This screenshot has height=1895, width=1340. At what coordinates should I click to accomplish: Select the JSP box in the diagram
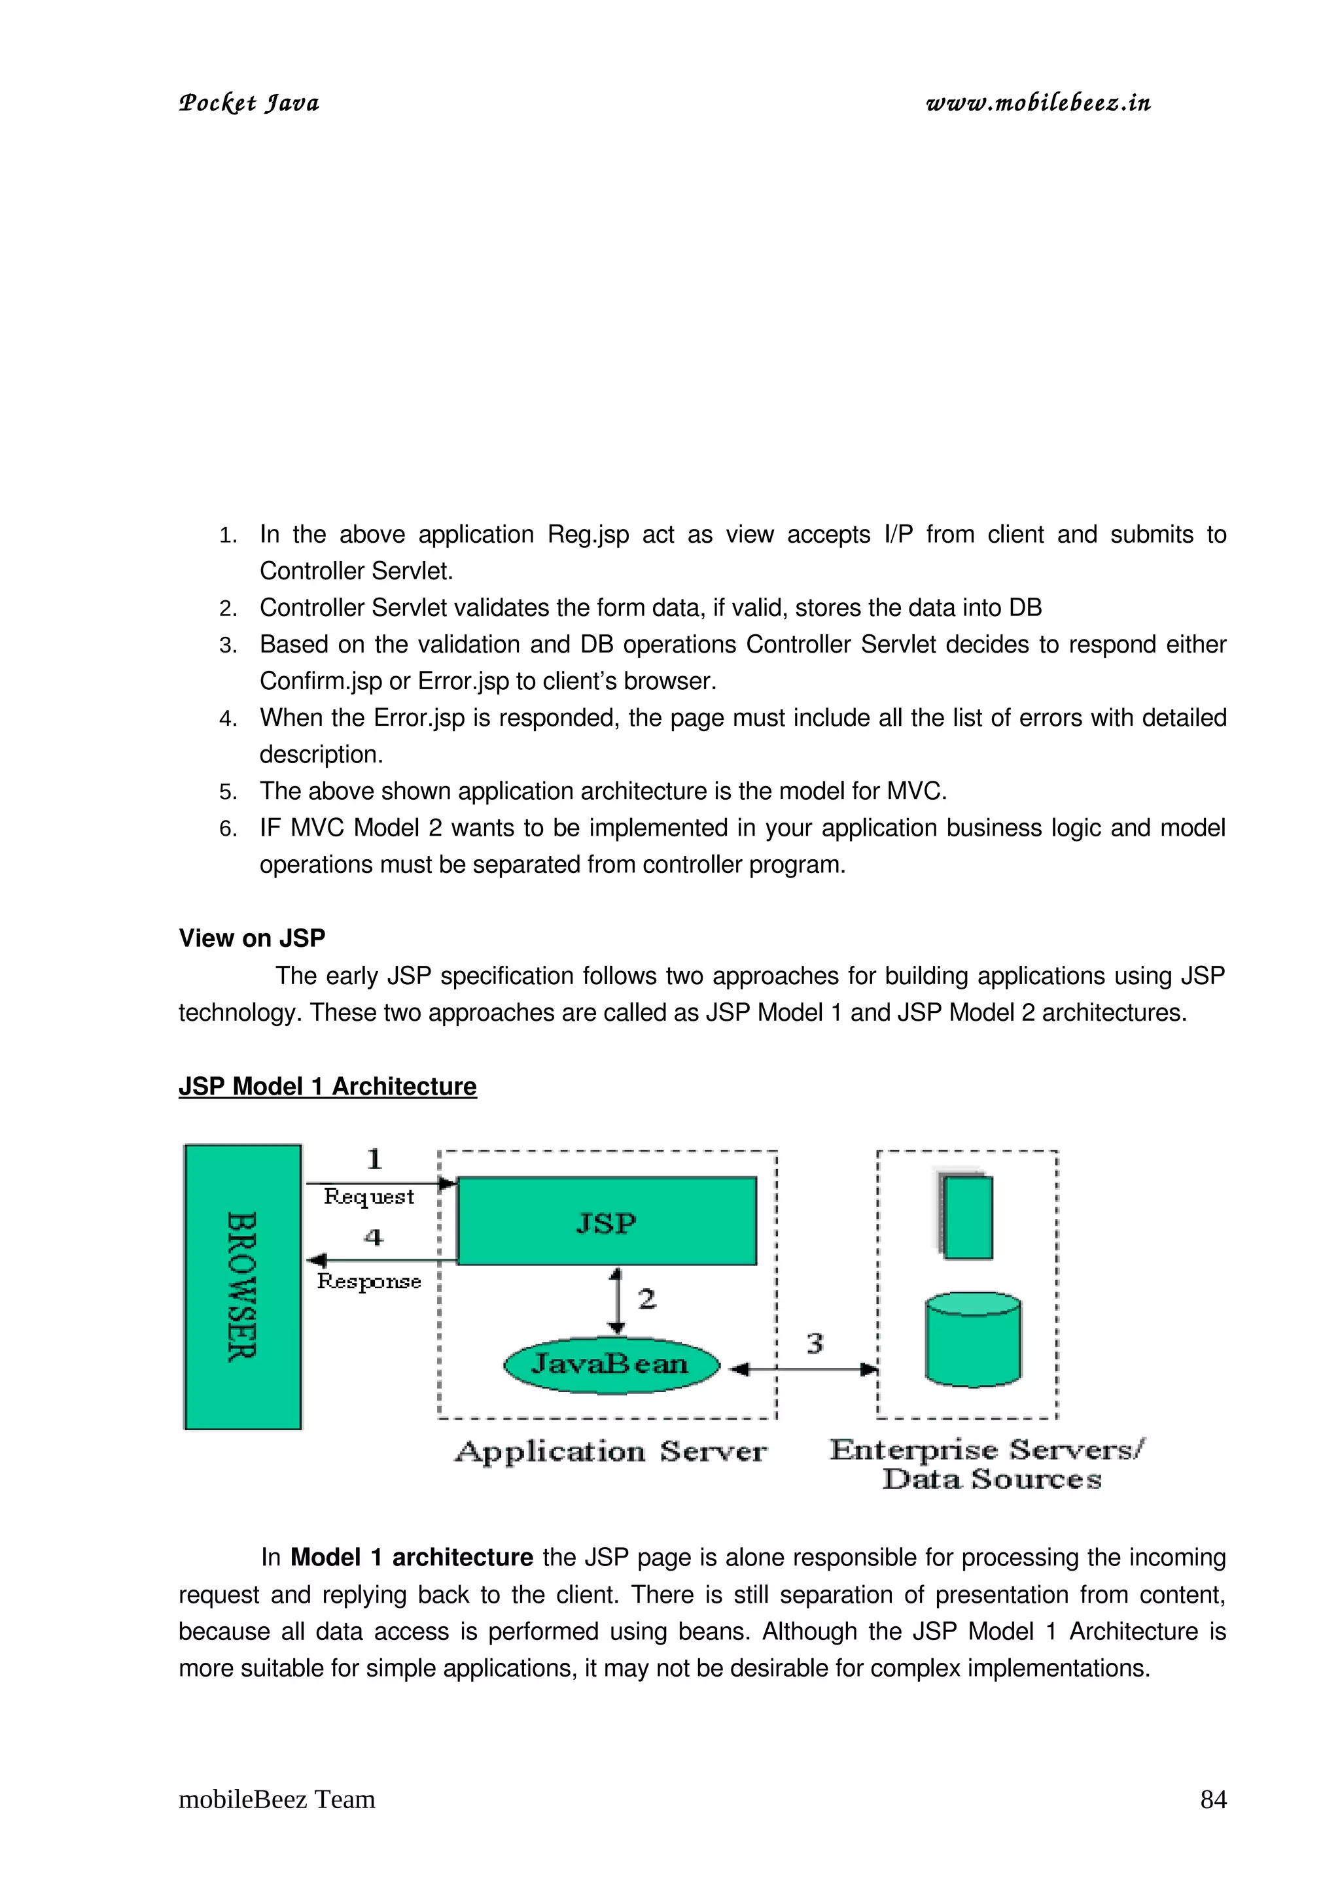coord(606,1221)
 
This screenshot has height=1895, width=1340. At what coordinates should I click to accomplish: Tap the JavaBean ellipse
coord(610,1363)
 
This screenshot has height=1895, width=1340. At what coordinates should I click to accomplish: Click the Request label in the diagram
coord(368,1197)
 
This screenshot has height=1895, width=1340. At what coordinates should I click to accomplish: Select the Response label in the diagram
coord(369,1282)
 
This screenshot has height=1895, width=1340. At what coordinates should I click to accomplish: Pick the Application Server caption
coord(610,1452)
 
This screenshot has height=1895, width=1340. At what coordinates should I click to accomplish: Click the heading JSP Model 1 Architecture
coord(328,1086)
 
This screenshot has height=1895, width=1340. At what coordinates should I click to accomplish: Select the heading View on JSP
coord(252,938)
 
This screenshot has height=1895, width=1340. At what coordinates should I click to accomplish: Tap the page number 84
coord(1213,1800)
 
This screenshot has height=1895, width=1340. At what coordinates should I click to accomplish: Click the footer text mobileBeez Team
coord(277,1800)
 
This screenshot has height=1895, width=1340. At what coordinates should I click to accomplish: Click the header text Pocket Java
coord(249,103)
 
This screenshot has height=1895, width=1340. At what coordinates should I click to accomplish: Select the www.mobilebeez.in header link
coord(1038,103)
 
